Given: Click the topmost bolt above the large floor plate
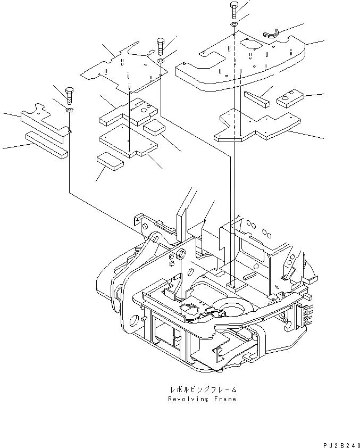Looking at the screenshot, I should click(233, 9).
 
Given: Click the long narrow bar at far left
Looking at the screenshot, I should click(46, 144).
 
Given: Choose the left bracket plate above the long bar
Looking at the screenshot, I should click(45, 120).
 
